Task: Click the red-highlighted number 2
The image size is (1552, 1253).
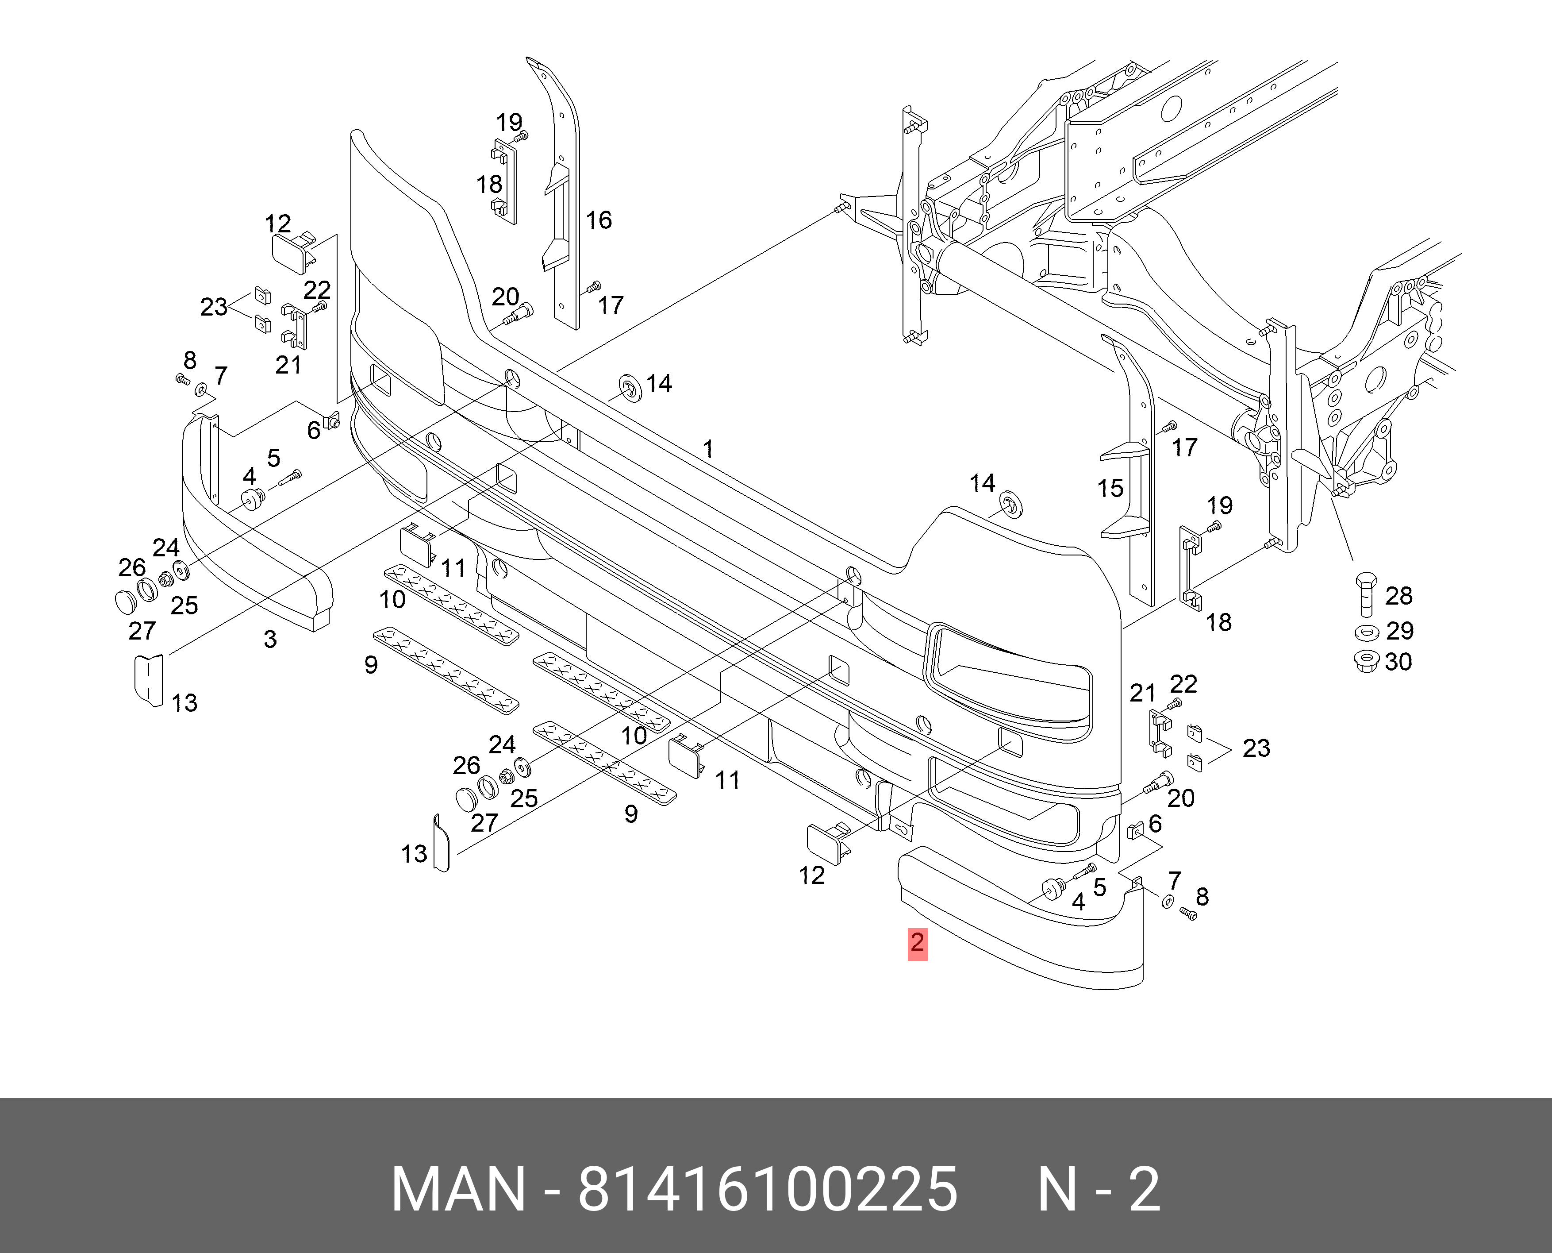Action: [x=917, y=943]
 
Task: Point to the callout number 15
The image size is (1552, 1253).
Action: [x=1110, y=489]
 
